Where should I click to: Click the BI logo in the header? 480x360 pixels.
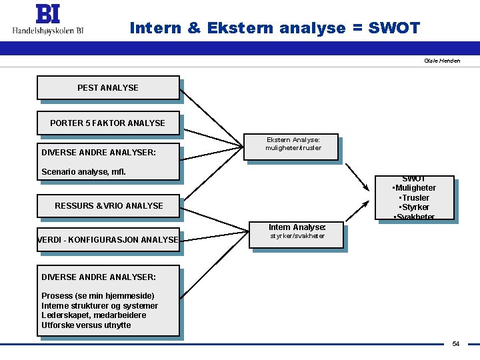coord(47,14)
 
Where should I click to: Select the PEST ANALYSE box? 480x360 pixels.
coord(108,88)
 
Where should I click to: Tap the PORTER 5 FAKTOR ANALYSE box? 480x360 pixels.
coord(108,123)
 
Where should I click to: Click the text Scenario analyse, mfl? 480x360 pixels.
coord(83,172)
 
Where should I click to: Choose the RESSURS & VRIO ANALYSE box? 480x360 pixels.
coord(108,206)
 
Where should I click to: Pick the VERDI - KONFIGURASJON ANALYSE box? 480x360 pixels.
coord(108,239)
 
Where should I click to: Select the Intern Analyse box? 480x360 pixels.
coord(297,232)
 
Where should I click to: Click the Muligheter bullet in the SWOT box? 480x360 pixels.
coord(415,188)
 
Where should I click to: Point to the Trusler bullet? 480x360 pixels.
coord(414,198)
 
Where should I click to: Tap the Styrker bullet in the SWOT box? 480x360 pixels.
coord(414,207)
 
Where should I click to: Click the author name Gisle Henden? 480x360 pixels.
coord(441,61)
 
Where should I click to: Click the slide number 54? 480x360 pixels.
coord(456,344)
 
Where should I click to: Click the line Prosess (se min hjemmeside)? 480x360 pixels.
coord(97,296)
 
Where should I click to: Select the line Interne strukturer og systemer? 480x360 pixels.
coord(99,306)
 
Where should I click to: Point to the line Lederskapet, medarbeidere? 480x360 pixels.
coord(93,315)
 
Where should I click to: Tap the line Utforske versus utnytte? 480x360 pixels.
coord(86,325)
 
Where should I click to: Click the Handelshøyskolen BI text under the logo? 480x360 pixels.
coord(47,30)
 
